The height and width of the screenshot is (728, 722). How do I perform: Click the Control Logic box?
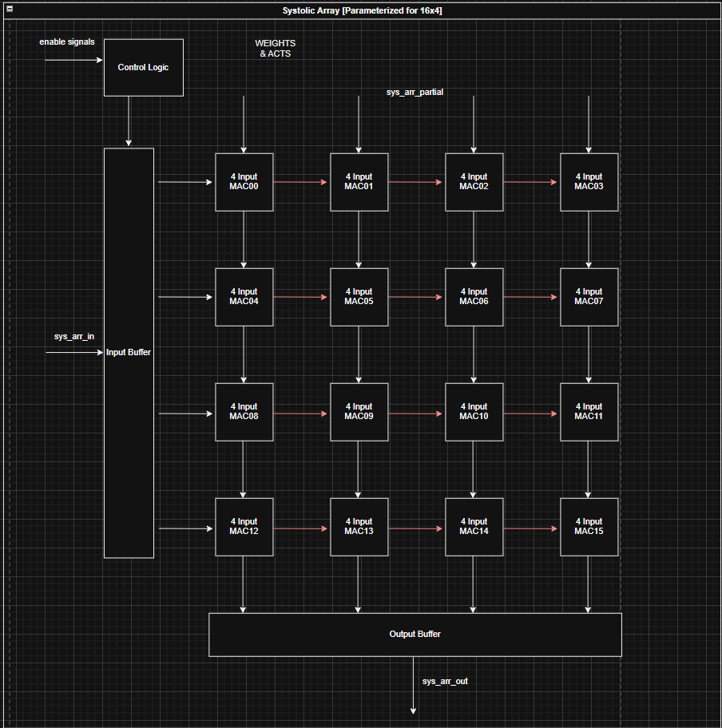pos(144,67)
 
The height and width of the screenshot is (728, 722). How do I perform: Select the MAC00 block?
pos(244,182)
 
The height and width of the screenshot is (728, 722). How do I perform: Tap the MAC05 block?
pos(359,297)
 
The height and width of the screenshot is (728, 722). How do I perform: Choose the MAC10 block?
pos(474,412)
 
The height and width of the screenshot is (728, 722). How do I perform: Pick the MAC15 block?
pos(589,527)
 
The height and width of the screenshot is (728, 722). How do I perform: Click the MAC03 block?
pos(589,182)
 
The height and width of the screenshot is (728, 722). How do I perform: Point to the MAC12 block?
pos(244,527)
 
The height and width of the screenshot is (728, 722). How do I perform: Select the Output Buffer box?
pos(415,635)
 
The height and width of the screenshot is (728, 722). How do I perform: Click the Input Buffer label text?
pos(129,352)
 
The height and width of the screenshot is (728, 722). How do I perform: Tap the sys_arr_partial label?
pos(415,93)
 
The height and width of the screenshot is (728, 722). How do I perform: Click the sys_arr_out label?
pos(445,682)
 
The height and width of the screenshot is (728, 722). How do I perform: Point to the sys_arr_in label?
pos(73,337)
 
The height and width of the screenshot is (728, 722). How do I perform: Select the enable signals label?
pos(67,42)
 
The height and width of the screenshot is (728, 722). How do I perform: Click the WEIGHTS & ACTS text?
pos(275,49)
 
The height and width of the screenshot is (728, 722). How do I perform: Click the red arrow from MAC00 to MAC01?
pos(302,182)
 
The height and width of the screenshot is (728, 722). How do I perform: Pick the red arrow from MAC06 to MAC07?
pos(532,297)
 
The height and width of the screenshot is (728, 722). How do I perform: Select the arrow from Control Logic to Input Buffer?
pos(129,121)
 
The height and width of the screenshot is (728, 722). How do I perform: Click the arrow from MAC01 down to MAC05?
pos(359,239)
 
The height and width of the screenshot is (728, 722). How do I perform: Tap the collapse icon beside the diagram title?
pos(10,9)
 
